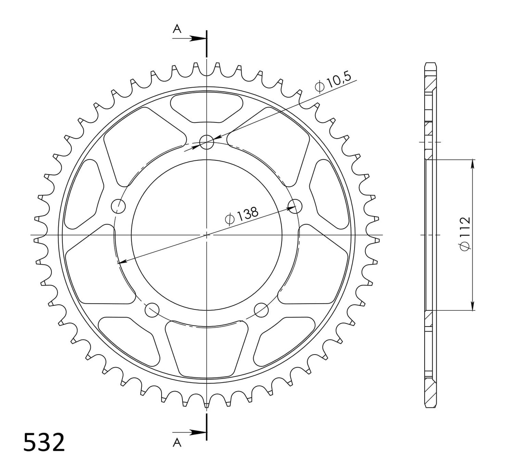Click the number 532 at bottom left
(44, 442)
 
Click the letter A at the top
(177, 29)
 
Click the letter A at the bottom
(177, 443)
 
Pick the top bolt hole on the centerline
(206, 142)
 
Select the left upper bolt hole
(118, 206)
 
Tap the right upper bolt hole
(295, 206)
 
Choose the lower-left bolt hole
(152, 309)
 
